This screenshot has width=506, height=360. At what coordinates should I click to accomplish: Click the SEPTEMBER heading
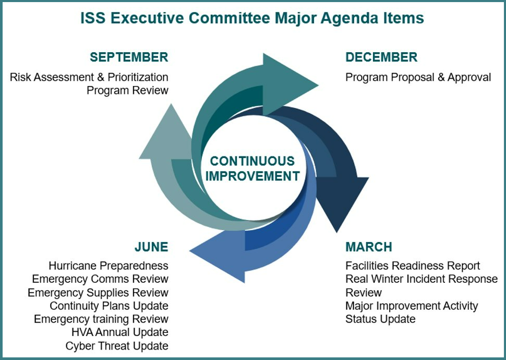pos(129,57)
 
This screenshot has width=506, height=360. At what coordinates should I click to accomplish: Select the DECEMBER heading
pos(381,57)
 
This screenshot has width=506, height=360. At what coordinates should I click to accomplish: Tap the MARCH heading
pos(368,247)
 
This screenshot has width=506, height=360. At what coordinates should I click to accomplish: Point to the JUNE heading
pos(151,247)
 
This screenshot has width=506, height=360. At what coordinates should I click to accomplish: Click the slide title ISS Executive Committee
pos(252,18)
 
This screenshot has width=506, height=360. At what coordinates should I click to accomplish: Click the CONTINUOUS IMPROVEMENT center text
pos(252,169)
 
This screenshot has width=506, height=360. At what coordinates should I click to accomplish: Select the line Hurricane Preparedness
pos(109,266)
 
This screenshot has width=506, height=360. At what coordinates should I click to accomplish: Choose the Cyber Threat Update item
pos(117,346)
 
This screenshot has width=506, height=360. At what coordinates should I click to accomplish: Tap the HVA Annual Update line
pos(120,332)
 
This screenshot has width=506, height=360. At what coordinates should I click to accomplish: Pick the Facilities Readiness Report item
pos(413,266)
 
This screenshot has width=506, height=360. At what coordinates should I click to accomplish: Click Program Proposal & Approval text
pos(418,78)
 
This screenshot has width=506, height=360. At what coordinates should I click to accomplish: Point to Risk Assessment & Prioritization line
pos(89,78)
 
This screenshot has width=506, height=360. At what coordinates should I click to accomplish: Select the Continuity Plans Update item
pos(109,306)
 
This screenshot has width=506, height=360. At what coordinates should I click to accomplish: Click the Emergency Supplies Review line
pos(98,293)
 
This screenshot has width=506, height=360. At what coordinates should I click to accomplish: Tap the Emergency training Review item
pos(101,319)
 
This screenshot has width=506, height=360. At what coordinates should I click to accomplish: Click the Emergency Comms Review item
pos(100,279)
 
